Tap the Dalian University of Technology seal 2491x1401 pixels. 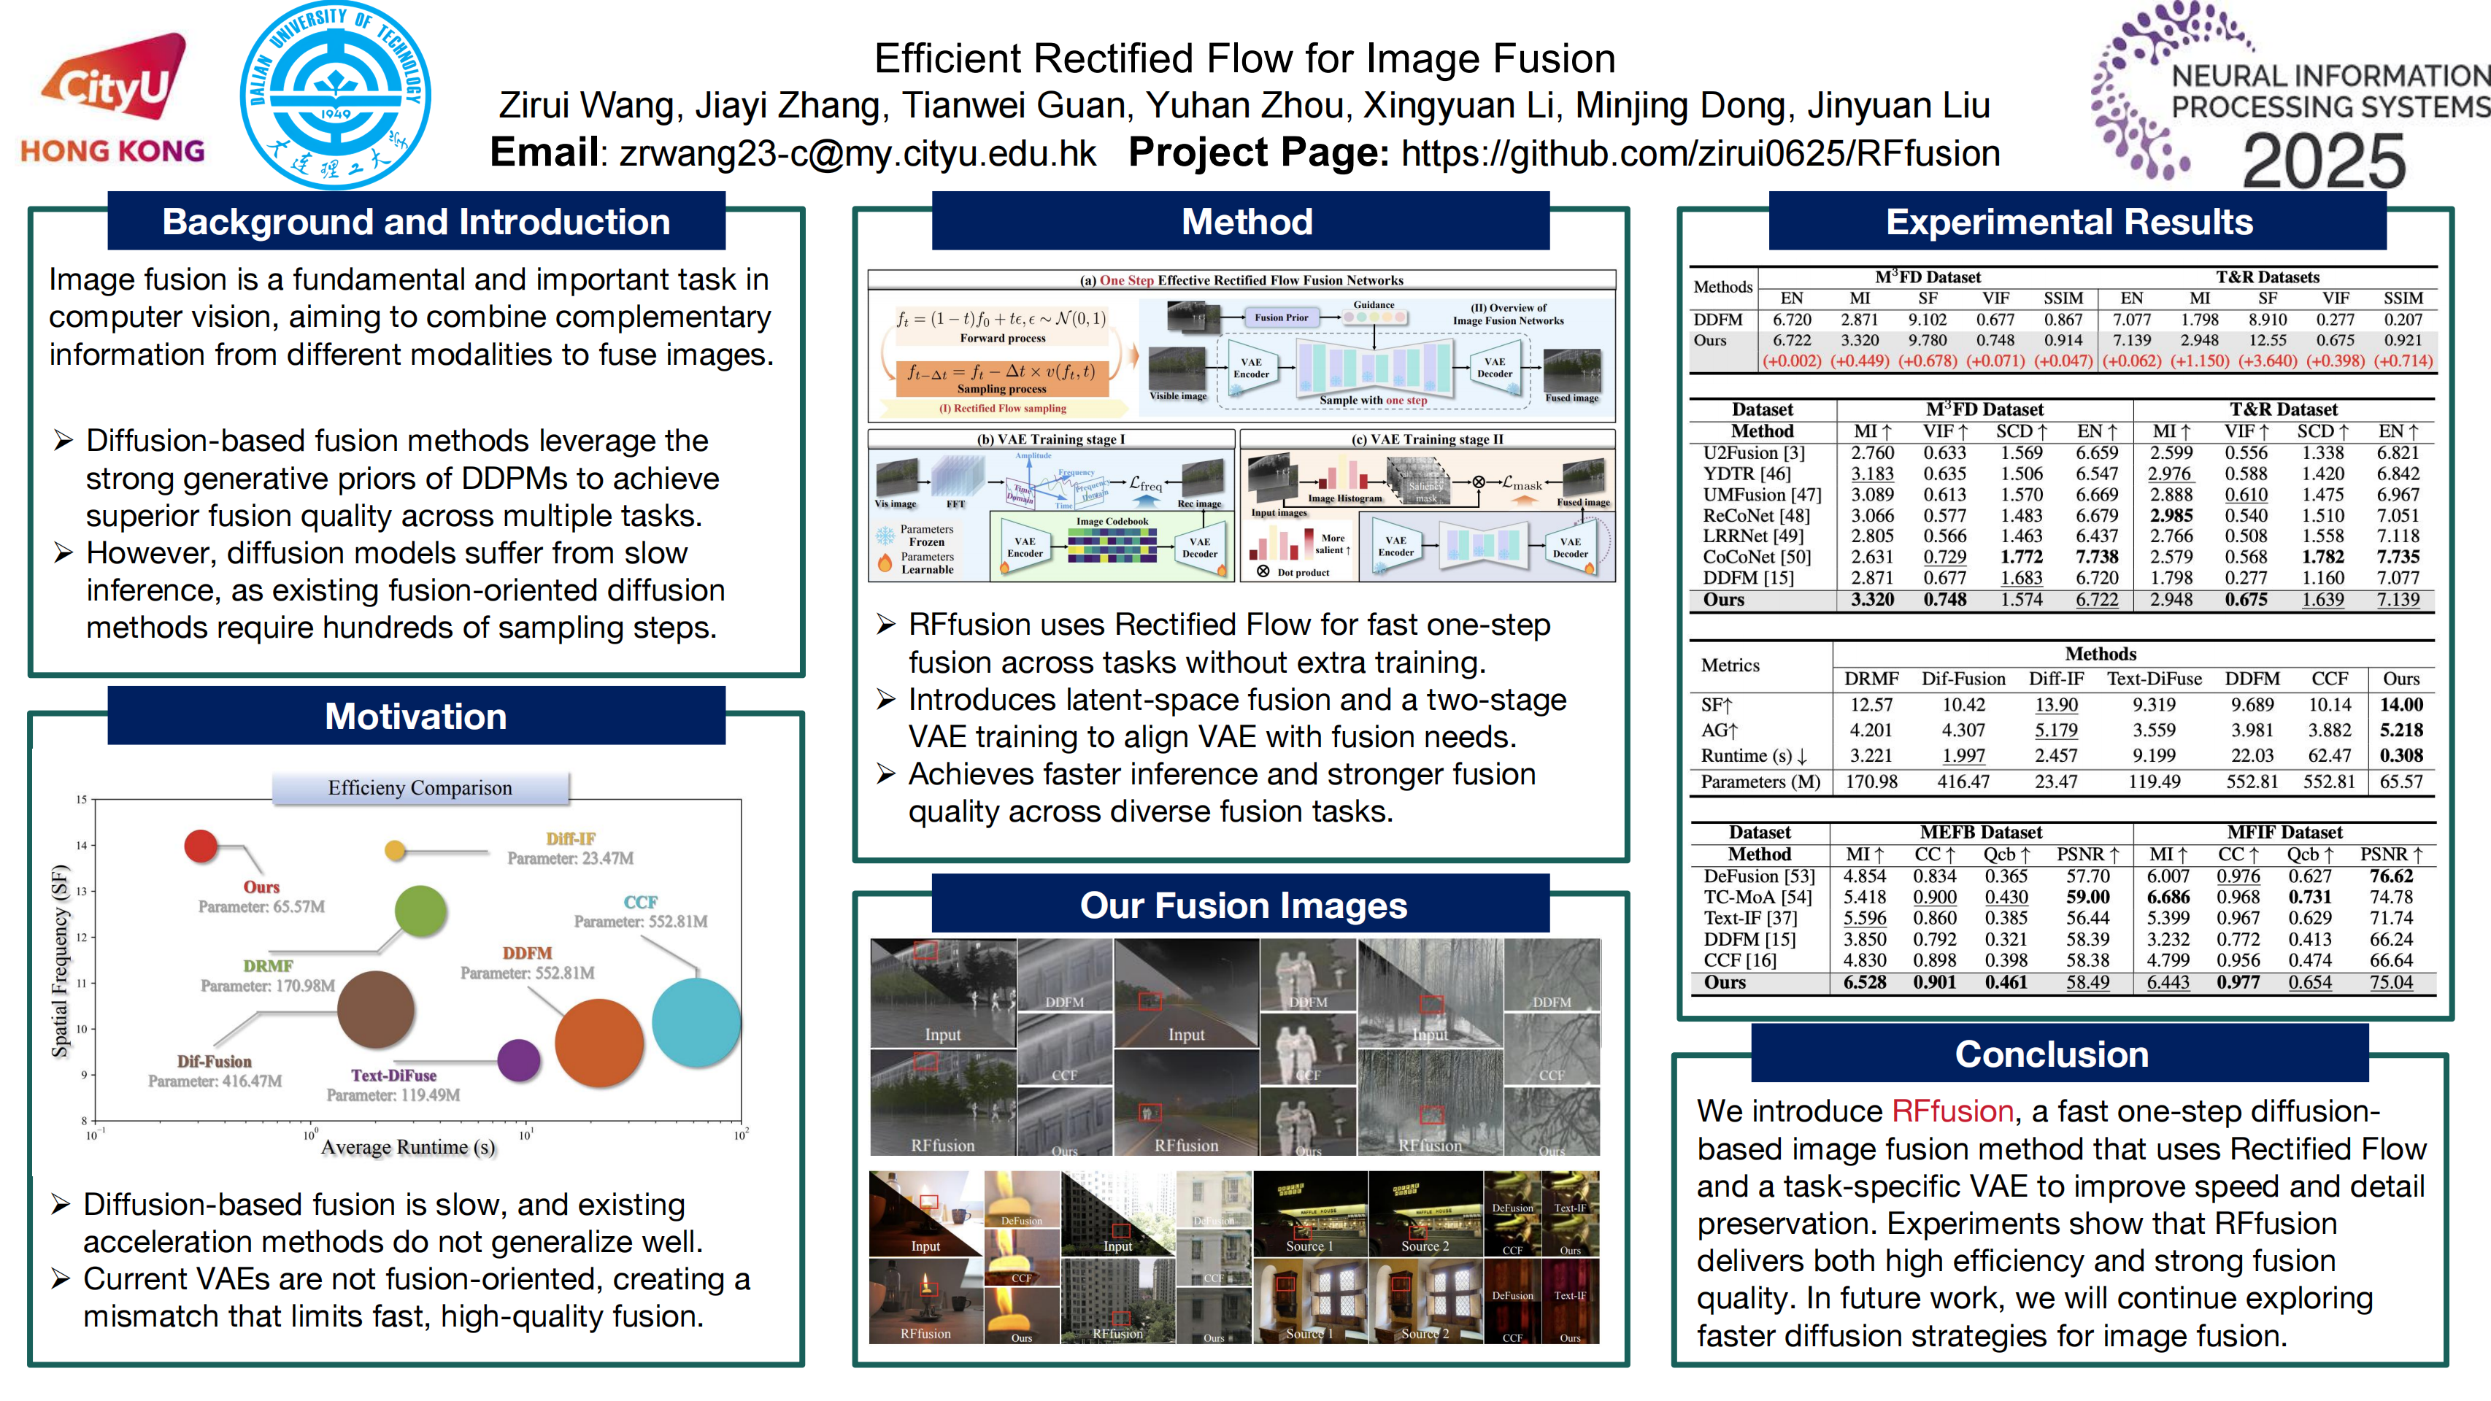pos(336,96)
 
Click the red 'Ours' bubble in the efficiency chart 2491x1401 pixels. pos(201,845)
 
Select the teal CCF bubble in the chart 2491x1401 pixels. pos(696,1022)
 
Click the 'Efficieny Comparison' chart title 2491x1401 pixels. pos(420,788)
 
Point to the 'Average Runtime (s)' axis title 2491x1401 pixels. pos(408,1147)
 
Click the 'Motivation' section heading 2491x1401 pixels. pos(416,717)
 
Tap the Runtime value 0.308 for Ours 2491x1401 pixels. pos(2401,755)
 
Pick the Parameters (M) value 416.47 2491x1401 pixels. pos(1963,781)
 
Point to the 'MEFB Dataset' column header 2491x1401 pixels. pos(1980,833)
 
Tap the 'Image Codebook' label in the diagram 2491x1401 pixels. pos(1112,521)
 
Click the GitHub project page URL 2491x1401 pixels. pos(1700,153)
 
